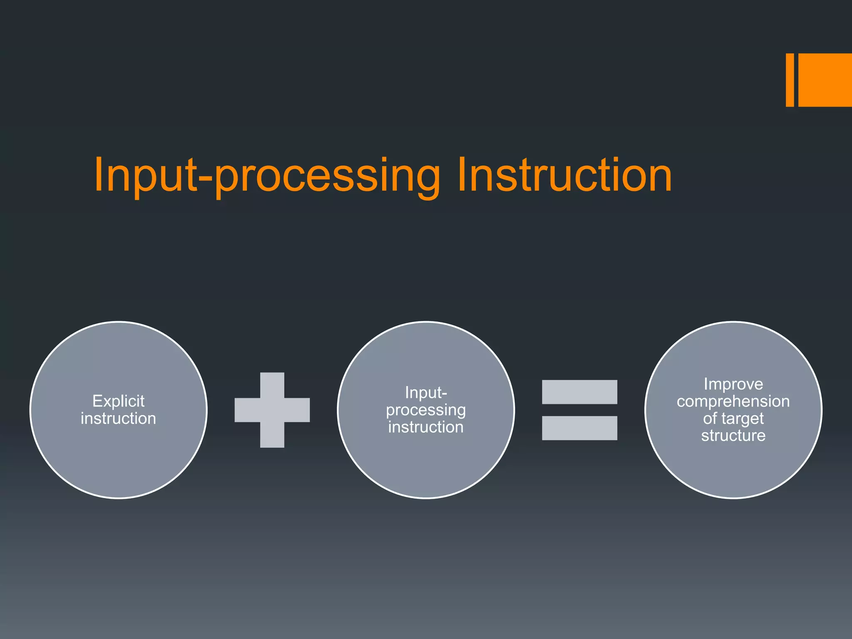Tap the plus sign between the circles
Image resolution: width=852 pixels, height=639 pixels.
272,410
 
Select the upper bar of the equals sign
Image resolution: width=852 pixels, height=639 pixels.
580,392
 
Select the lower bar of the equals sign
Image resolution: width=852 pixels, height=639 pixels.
580,428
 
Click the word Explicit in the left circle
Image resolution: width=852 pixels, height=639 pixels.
119,401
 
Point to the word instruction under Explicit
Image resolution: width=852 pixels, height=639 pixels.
119,419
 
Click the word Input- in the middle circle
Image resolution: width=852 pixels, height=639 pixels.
426,393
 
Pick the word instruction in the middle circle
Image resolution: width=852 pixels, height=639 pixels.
426,427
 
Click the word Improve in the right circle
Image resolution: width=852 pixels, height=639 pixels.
733,384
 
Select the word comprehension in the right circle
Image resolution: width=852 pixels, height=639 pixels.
733,401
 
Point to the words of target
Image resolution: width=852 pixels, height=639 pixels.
733,419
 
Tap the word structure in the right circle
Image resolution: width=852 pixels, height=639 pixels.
733,436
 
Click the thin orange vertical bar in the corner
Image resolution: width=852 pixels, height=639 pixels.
790,80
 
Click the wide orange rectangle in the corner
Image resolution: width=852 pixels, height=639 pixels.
825,80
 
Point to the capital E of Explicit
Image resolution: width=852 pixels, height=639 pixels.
97,401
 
